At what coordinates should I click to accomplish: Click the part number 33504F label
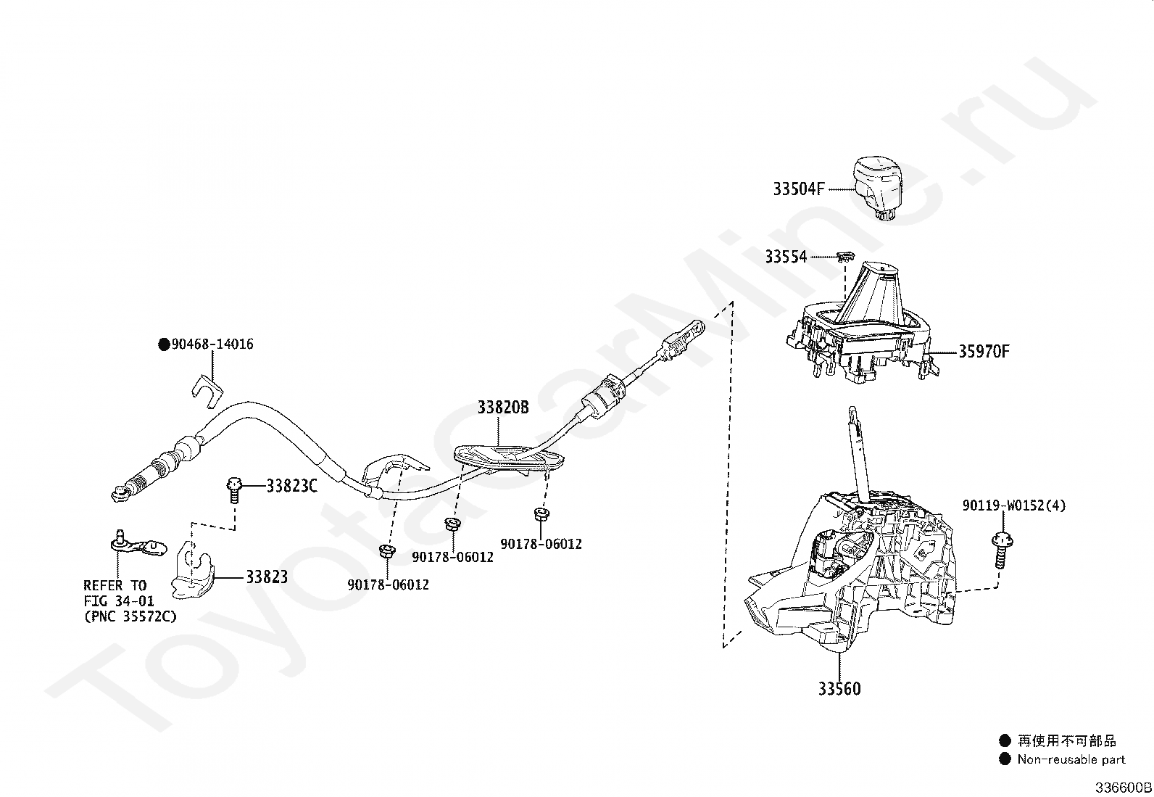799,189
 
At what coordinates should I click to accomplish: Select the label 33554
785,257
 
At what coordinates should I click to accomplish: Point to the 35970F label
984,352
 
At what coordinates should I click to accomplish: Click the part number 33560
839,689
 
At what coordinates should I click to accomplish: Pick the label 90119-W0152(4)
1014,505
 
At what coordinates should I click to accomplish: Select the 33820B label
503,408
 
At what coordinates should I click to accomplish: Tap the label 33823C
291,486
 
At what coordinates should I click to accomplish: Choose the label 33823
267,577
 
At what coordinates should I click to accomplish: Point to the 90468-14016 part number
212,344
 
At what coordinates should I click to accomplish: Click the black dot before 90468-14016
164,344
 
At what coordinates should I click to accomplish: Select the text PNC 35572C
130,616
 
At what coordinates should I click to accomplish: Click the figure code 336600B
1123,787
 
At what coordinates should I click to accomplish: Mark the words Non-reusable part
1071,759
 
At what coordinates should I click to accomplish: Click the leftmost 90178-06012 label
388,585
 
